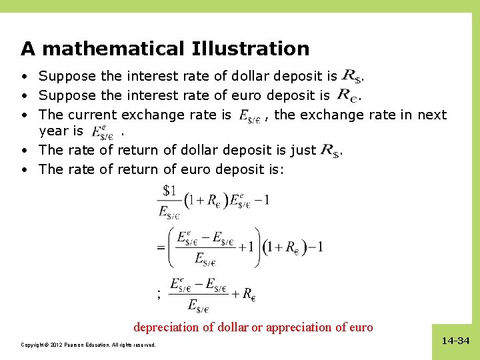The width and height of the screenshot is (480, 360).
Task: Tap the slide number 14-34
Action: [x=456, y=341]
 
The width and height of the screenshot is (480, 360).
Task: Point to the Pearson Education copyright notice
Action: [x=88, y=345]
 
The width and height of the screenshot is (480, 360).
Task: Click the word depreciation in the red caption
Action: [x=167, y=327]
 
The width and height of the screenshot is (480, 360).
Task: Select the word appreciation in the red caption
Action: [x=308, y=327]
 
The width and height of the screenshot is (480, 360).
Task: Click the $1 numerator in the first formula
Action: [x=169, y=191]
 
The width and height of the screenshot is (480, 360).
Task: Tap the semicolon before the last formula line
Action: [x=159, y=294]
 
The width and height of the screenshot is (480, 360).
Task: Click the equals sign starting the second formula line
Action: [x=160, y=247]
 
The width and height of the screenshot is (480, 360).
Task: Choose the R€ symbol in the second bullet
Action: [x=347, y=95]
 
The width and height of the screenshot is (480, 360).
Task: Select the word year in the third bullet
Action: [x=54, y=131]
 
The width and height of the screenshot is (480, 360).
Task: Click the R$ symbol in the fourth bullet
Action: [x=331, y=151]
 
